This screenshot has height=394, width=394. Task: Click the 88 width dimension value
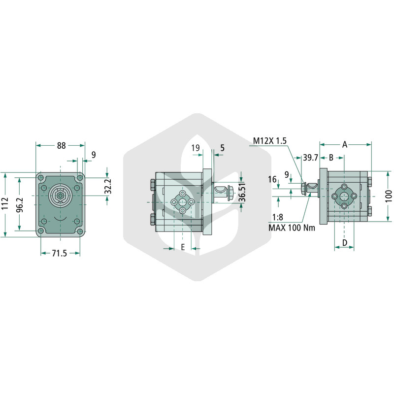click(x=61, y=145)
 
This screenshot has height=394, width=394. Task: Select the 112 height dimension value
click(x=5, y=203)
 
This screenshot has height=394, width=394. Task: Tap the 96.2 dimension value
click(x=20, y=205)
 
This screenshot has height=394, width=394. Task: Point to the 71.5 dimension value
click(x=60, y=253)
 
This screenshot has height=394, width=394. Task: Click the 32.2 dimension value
click(x=108, y=186)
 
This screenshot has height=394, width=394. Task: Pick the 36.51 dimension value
click(x=242, y=193)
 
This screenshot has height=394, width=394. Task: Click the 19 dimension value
click(x=196, y=148)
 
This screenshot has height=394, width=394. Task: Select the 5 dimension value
click(x=223, y=148)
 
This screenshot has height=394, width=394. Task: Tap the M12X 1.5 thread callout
click(x=269, y=141)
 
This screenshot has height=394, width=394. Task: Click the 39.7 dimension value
click(x=311, y=158)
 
